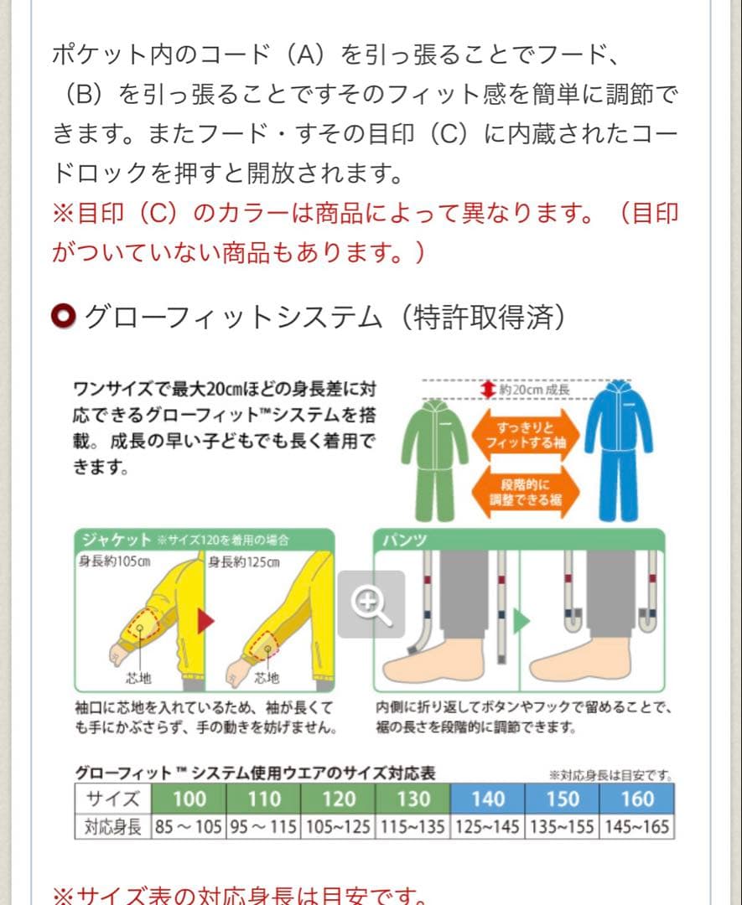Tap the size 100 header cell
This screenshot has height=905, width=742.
(189, 799)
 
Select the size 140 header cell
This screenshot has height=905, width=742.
(488, 799)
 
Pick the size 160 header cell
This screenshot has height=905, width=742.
(637, 799)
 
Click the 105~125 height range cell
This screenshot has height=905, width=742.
(338, 828)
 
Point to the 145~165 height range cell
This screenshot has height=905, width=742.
(637, 828)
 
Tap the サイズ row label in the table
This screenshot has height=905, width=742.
(113, 799)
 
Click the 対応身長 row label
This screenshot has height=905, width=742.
(113, 828)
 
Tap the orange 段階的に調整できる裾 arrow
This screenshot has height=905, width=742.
(526, 491)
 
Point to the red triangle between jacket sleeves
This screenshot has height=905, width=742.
(205, 621)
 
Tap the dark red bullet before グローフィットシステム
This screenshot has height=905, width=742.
(65, 317)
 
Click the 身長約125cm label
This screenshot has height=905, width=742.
(244, 562)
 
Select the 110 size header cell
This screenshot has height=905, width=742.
(263, 799)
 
